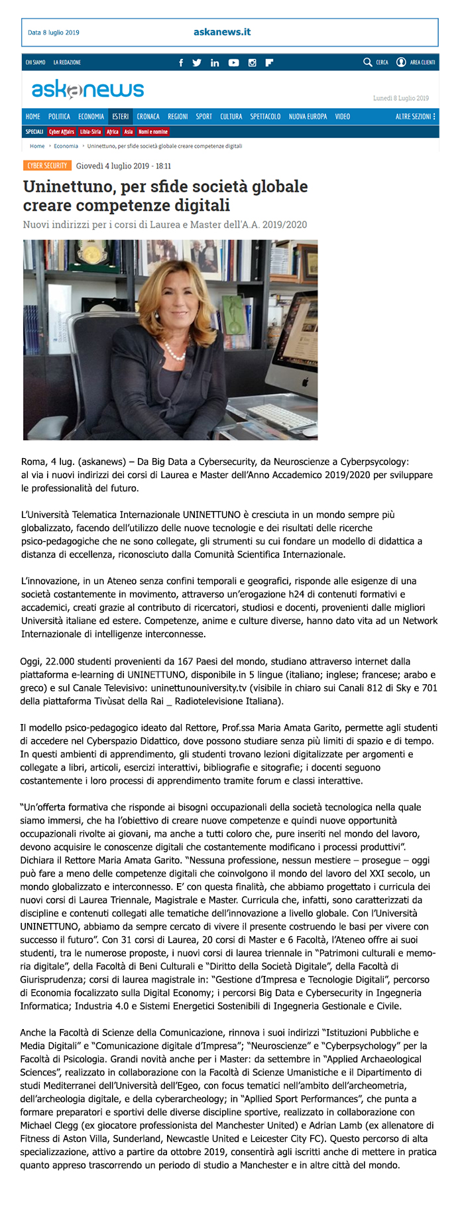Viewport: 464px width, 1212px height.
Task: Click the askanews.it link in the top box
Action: [222, 32]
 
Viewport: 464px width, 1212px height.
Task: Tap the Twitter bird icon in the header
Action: [197, 63]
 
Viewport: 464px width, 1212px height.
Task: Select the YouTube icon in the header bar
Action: [233, 63]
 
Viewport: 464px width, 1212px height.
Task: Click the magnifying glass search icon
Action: [368, 62]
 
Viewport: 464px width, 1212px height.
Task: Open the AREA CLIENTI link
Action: [422, 62]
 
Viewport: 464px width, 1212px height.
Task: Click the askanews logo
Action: [87, 90]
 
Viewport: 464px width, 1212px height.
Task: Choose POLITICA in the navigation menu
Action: [59, 117]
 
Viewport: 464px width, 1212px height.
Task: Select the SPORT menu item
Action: [203, 117]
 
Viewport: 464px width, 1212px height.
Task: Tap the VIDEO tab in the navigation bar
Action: [342, 117]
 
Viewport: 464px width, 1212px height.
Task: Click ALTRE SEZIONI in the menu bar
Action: [415, 117]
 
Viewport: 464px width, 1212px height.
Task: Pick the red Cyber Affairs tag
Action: [62, 132]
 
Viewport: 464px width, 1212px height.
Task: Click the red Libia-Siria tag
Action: [91, 132]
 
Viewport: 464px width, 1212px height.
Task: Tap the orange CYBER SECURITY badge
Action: [47, 166]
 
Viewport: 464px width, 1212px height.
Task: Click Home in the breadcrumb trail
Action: [37, 146]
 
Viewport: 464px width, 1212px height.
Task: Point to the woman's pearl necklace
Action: [174, 353]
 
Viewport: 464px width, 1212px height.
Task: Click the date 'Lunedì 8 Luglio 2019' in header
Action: [401, 98]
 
